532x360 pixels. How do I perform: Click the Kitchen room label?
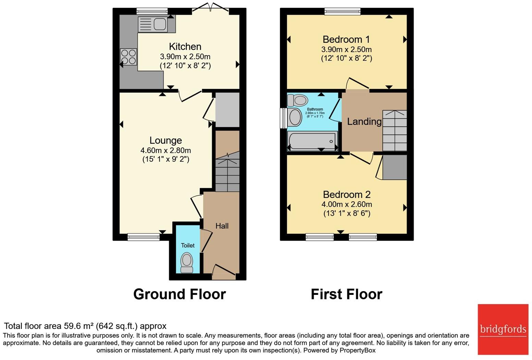pyautogui.click(x=185, y=46)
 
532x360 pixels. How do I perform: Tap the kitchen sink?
pyautogui.click(x=153, y=24)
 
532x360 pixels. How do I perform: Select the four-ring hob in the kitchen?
pyautogui.click(x=128, y=57)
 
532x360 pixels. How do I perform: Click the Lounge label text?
pyautogui.click(x=166, y=140)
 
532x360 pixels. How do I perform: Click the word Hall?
pyautogui.click(x=222, y=226)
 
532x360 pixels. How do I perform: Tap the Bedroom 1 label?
pyautogui.click(x=346, y=39)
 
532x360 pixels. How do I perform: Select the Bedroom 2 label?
pyautogui.click(x=347, y=194)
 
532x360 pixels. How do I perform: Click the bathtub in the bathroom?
pyautogui.click(x=312, y=141)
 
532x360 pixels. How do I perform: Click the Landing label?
pyautogui.click(x=364, y=121)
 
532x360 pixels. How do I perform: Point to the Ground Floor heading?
pyautogui.click(x=180, y=294)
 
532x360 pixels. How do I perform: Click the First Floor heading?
pyautogui.click(x=347, y=294)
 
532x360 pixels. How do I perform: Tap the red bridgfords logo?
pyautogui.click(x=503, y=329)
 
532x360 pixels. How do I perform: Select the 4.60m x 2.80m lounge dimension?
pyautogui.click(x=166, y=151)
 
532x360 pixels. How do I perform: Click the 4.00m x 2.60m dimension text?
pyautogui.click(x=347, y=204)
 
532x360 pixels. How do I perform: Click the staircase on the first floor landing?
pyautogui.click(x=395, y=131)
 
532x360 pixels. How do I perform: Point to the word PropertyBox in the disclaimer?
pyautogui.click(x=358, y=350)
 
